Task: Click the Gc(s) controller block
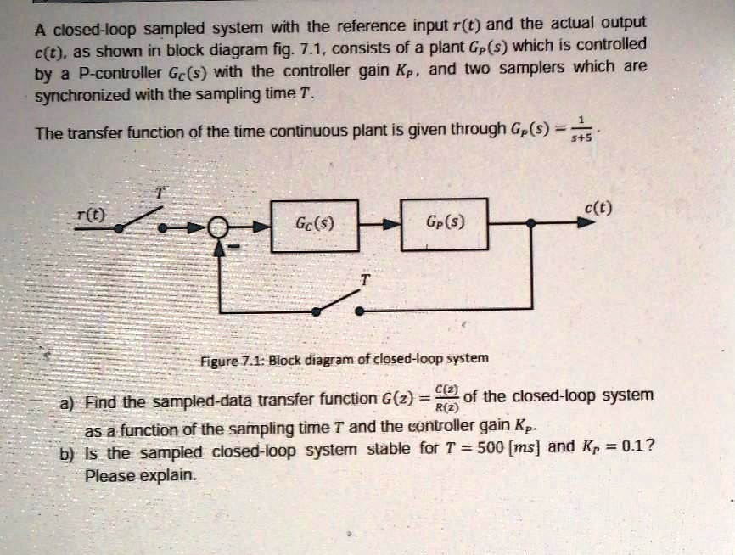click(x=313, y=225)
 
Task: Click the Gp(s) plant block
click(x=444, y=225)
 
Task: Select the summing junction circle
click(x=220, y=227)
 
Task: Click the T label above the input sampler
click(x=158, y=192)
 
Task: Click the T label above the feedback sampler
click(x=366, y=279)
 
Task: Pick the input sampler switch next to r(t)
click(x=140, y=218)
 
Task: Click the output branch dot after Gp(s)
click(x=530, y=223)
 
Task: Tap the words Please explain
click(x=140, y=475)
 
